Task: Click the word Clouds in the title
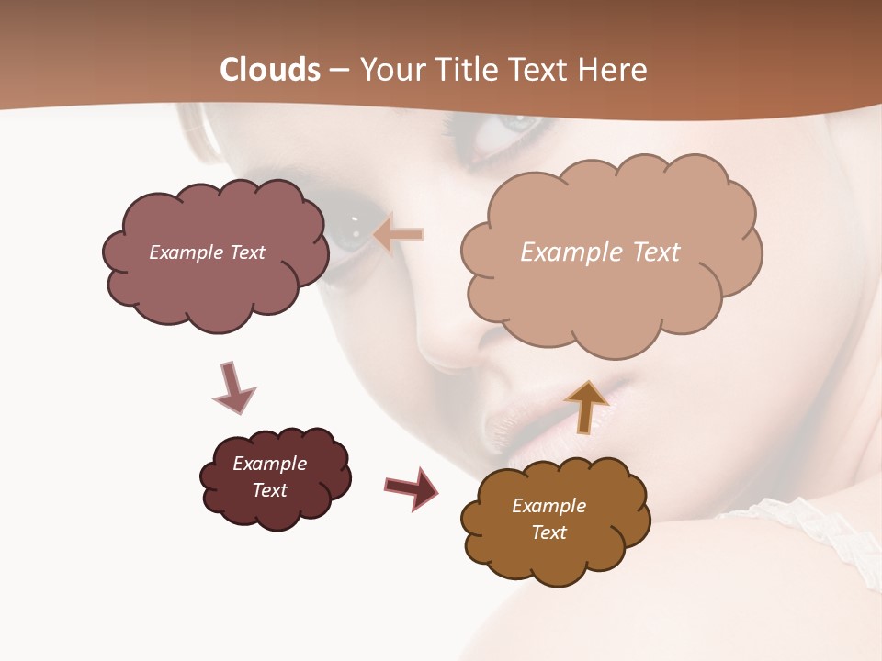pyautogui.click(x=270, y=70)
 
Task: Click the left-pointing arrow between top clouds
pyautogui.click(x=399, y=235)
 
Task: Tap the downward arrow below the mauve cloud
pyautogui.click(x=233, y=387)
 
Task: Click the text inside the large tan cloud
pyautogui.click(x=600, y=252)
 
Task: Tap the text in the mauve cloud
pyautogui.click(x=207, y=252)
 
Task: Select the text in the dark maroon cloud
pyautogui.click(x=269, y=476)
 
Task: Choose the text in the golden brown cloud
pyautogui.click(x=548, y=519)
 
